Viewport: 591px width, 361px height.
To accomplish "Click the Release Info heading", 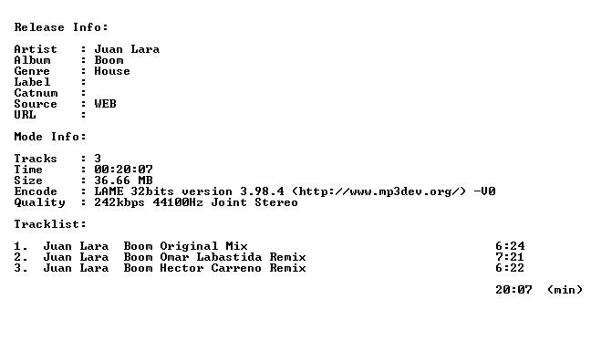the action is (x=61, y=27).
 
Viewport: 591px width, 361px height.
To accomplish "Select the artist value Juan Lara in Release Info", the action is (x=127, y=49).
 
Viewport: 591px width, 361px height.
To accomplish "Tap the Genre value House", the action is (x=112, y=71).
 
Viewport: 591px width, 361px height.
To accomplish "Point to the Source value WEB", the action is (x=105, y=104).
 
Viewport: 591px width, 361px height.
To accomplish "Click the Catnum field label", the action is (x=36, y=93).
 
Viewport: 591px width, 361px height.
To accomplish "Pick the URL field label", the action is (x=25, y=115).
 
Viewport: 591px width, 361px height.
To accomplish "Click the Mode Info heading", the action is (x=50, y=137).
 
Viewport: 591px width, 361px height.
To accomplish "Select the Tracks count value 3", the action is (x=98, y=159).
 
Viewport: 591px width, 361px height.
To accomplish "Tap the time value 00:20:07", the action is (x=124, y=170).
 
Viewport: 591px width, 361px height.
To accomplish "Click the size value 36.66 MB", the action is (x=124, y=180).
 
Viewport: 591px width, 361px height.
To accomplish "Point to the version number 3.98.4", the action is (x=263, y=191).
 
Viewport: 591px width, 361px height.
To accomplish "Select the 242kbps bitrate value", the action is (x=119, y=202).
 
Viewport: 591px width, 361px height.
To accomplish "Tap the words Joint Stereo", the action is (x=254, y=202).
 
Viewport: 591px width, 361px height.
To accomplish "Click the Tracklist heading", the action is (x=50, y=224).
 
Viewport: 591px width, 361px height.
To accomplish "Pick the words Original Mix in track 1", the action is (x=204, y=246).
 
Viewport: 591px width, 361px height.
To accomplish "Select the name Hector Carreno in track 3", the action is (x=211, y=268).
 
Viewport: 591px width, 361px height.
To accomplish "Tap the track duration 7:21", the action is (x=510, y=257).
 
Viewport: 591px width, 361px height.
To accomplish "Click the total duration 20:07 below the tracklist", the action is (x=513, y=290).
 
